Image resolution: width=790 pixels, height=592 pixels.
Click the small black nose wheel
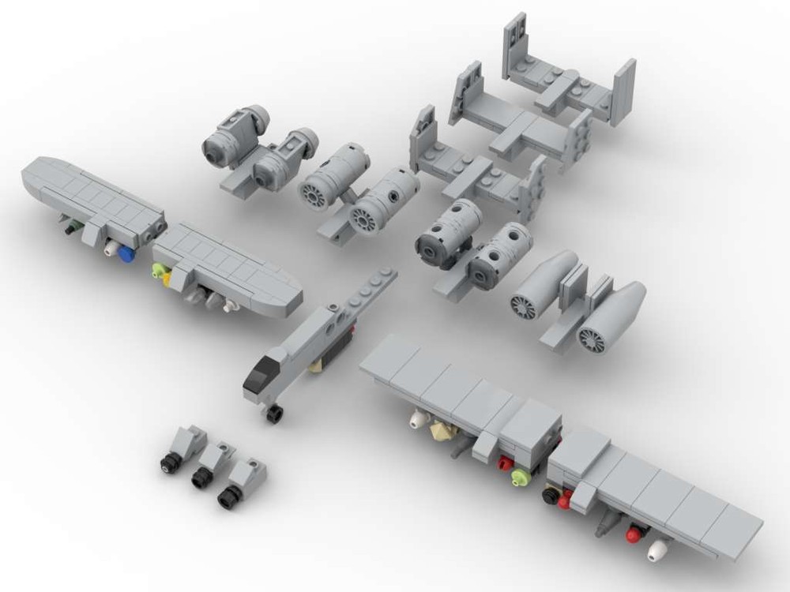pos(274,414)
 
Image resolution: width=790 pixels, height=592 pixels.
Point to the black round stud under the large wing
pos(549,495)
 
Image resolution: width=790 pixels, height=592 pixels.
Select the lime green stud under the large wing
pos(519,476)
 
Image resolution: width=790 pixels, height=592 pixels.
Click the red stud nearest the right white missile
pos(633,536)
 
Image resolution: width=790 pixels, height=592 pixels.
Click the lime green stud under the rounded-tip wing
pos(159,271)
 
